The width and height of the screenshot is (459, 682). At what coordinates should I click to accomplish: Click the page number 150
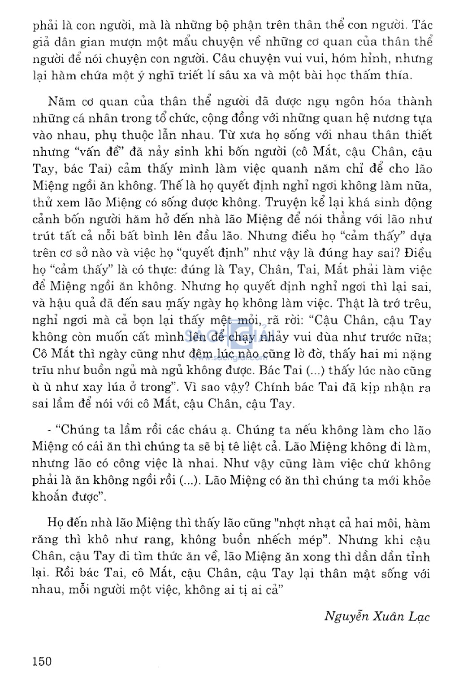(x=42, y=660)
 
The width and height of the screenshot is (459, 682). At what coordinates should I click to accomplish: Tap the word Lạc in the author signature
(x=419, y=616)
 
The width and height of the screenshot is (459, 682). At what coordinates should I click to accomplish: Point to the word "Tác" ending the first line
(x=422, y=25)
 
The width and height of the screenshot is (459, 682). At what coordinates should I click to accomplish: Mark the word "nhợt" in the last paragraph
(x=293, y=523)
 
